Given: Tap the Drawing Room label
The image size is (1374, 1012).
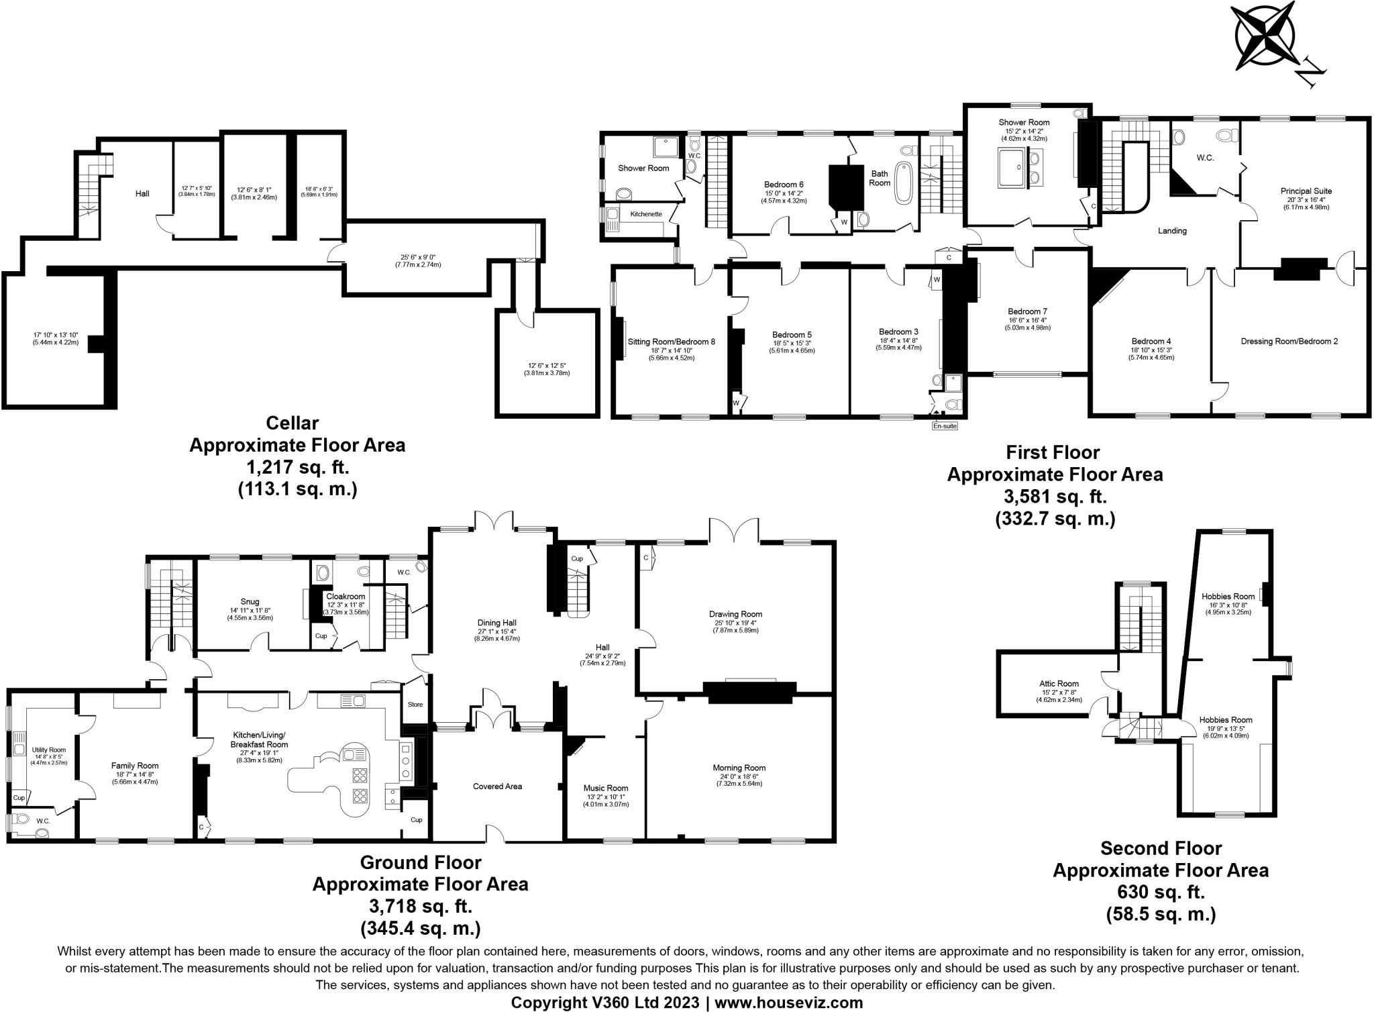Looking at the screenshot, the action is pos(735,614).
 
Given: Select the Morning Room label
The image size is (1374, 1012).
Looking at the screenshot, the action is pos(739,768).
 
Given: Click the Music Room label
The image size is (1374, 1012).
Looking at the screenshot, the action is pos(606,788).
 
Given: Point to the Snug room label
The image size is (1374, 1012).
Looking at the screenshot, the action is pos(250,602).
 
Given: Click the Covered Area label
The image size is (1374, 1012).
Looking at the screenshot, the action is pos(497,786).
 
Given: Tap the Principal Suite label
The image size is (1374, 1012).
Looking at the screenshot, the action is pos(1306,191).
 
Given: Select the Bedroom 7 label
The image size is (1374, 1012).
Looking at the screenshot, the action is pos(1027,311).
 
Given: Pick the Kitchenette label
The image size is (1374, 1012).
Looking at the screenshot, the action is pos(645,214).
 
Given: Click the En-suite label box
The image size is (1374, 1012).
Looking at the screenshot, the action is pos(945,425).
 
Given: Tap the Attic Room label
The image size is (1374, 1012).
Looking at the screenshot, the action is pos(1060,684).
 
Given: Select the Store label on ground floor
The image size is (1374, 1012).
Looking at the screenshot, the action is pos(415,705).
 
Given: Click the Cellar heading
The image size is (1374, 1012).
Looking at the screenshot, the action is pos(293,423).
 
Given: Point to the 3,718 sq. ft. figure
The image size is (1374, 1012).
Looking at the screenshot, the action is pos(421,907).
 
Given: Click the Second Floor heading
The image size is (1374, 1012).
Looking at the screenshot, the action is pos(1161,848).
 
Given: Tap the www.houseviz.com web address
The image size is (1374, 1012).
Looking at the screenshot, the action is pos(788,1003).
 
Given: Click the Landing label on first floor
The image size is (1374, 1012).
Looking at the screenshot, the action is pos(1172,231).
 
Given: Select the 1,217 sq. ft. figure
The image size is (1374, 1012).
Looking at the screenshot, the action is pos(297,468).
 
